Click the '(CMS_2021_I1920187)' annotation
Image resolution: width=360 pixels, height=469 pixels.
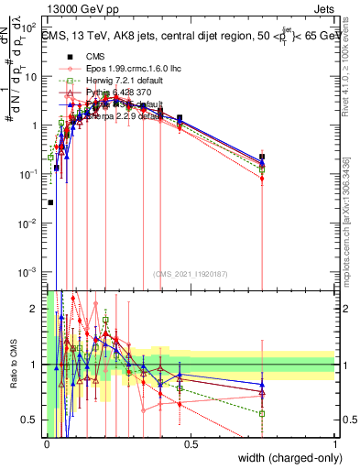pyautogui.click(x=191, y=272)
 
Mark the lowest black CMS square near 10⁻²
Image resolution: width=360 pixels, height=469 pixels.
pyautogui.click(x=50, y=202)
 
